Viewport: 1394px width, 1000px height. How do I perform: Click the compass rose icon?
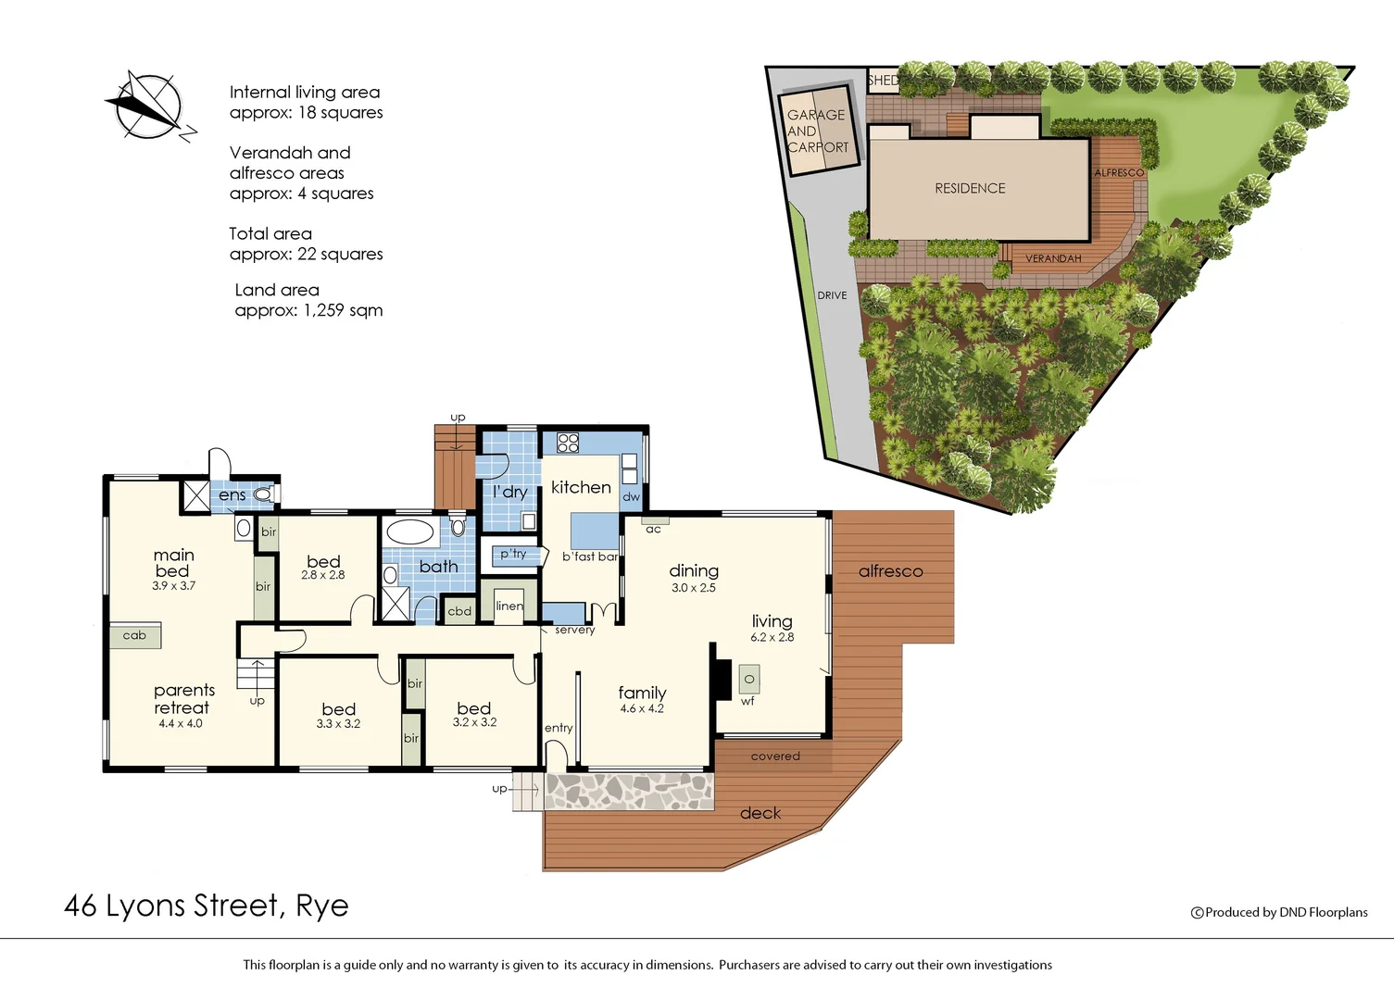(146, 106)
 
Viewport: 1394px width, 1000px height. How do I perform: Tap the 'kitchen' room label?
(581, 487)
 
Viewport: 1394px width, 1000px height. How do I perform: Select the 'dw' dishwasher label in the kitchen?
(631, 497)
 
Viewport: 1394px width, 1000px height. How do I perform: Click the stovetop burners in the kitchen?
(568, 443)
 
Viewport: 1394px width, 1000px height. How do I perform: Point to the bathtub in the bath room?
(409, 531)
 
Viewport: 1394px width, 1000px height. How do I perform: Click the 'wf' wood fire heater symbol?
(748, 681)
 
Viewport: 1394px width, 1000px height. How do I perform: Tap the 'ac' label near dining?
(654, 530)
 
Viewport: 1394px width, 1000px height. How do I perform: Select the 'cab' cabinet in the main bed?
(135, 635)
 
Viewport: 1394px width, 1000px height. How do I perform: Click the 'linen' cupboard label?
(509, 606)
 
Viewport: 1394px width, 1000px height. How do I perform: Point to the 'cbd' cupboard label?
(459, 611)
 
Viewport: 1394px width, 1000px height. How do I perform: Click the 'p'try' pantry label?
(513, 555)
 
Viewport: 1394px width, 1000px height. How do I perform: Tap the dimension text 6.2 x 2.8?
(772, 638)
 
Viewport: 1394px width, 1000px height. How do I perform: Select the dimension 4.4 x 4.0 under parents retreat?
(181, 724)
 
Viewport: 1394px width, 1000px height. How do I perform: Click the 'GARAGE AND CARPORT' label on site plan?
(817, 131)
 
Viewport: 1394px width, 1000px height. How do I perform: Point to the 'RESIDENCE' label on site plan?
(970, 188)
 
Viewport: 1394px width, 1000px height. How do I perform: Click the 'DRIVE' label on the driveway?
(832, 295)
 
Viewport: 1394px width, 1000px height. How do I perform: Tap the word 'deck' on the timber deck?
(760, 813)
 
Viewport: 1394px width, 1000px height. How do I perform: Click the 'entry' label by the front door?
(559, 728)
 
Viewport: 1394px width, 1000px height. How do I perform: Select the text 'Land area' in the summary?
(277, 290)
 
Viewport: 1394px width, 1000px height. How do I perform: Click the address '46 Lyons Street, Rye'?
(207, 906)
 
